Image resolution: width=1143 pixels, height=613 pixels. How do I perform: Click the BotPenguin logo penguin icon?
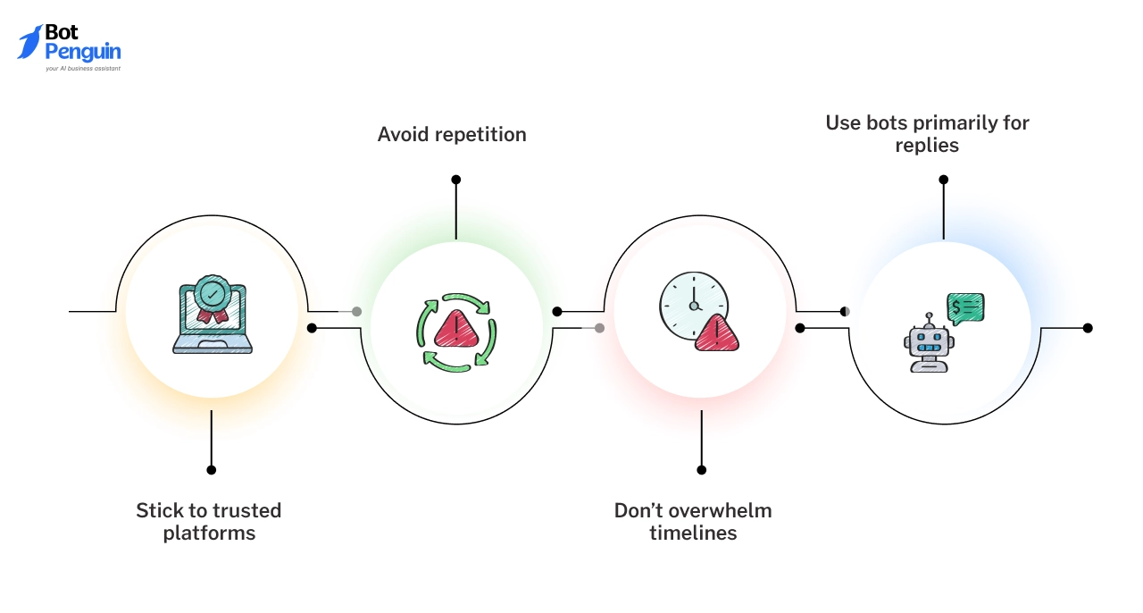point(29,42)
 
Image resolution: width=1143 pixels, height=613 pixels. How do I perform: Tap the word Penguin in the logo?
point(82,52)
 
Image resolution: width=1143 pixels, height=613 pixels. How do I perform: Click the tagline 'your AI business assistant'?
point(82,69)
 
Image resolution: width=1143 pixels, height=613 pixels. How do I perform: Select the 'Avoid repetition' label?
point(451,135)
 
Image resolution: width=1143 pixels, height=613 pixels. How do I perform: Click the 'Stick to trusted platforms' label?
point(208,522)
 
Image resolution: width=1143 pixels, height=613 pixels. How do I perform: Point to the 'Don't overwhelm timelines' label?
point(692,522)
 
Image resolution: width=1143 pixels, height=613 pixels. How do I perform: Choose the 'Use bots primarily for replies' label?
point(927,134)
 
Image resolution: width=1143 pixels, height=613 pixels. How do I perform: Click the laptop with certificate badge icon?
point(212,317)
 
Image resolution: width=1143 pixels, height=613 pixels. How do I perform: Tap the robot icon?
point(929,343)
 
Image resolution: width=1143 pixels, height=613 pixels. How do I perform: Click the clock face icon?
point(693,304)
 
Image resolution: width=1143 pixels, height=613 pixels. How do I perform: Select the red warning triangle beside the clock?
point(716,334)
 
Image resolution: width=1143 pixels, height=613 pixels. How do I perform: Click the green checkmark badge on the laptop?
point(213,292)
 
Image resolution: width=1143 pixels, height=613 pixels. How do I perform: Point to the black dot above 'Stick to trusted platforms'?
point(212,469)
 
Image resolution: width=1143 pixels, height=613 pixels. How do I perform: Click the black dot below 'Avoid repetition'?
point(455,180)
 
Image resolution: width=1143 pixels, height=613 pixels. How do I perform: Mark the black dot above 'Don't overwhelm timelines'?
point(701,469)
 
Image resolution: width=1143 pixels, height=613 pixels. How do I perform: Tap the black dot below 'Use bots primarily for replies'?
point(943,180)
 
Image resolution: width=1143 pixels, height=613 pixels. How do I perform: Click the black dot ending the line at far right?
point(1088,328)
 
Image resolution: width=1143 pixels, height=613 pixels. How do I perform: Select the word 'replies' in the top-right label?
point(927,146)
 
